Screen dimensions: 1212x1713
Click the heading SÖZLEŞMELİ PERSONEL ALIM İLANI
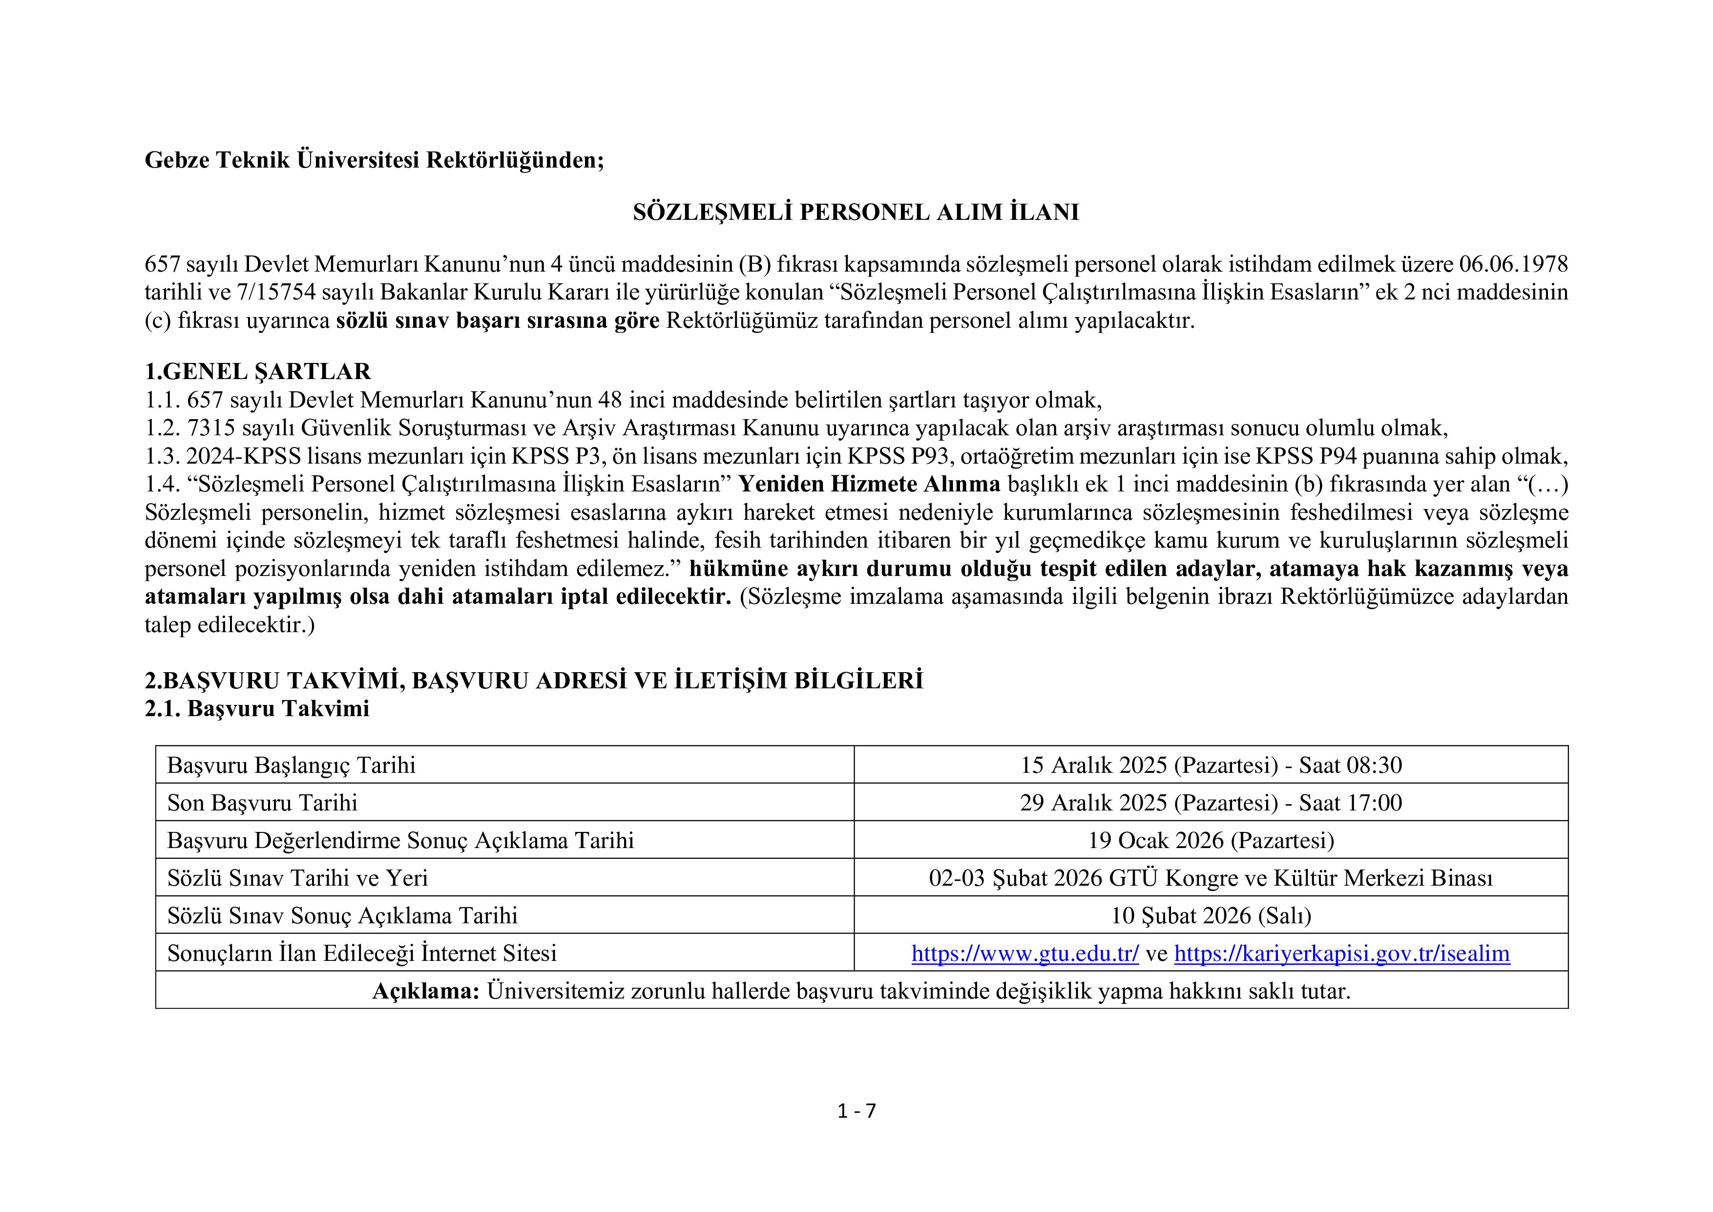point(856,213)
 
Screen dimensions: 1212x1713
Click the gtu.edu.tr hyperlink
point(1024,953)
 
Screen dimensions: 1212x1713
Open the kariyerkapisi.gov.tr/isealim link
point(1341,953)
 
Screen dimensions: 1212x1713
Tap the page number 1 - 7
point(856,1111)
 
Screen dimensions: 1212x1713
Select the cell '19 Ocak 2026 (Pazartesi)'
point(1210,840)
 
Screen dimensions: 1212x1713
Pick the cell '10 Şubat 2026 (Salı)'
point(1210,915)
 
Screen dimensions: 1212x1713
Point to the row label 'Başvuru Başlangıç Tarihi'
point(291,765)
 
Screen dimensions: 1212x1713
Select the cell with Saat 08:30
point(1210,765)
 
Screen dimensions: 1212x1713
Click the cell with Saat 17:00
point(1210,803)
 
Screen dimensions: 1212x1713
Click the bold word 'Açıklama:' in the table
point(425,992)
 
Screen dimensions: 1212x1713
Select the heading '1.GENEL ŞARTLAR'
point(257,372)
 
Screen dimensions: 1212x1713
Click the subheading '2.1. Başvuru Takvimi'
point(257,709)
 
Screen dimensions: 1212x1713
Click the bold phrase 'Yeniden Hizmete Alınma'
point(869,484)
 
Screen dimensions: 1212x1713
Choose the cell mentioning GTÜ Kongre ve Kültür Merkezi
point(1210,878)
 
